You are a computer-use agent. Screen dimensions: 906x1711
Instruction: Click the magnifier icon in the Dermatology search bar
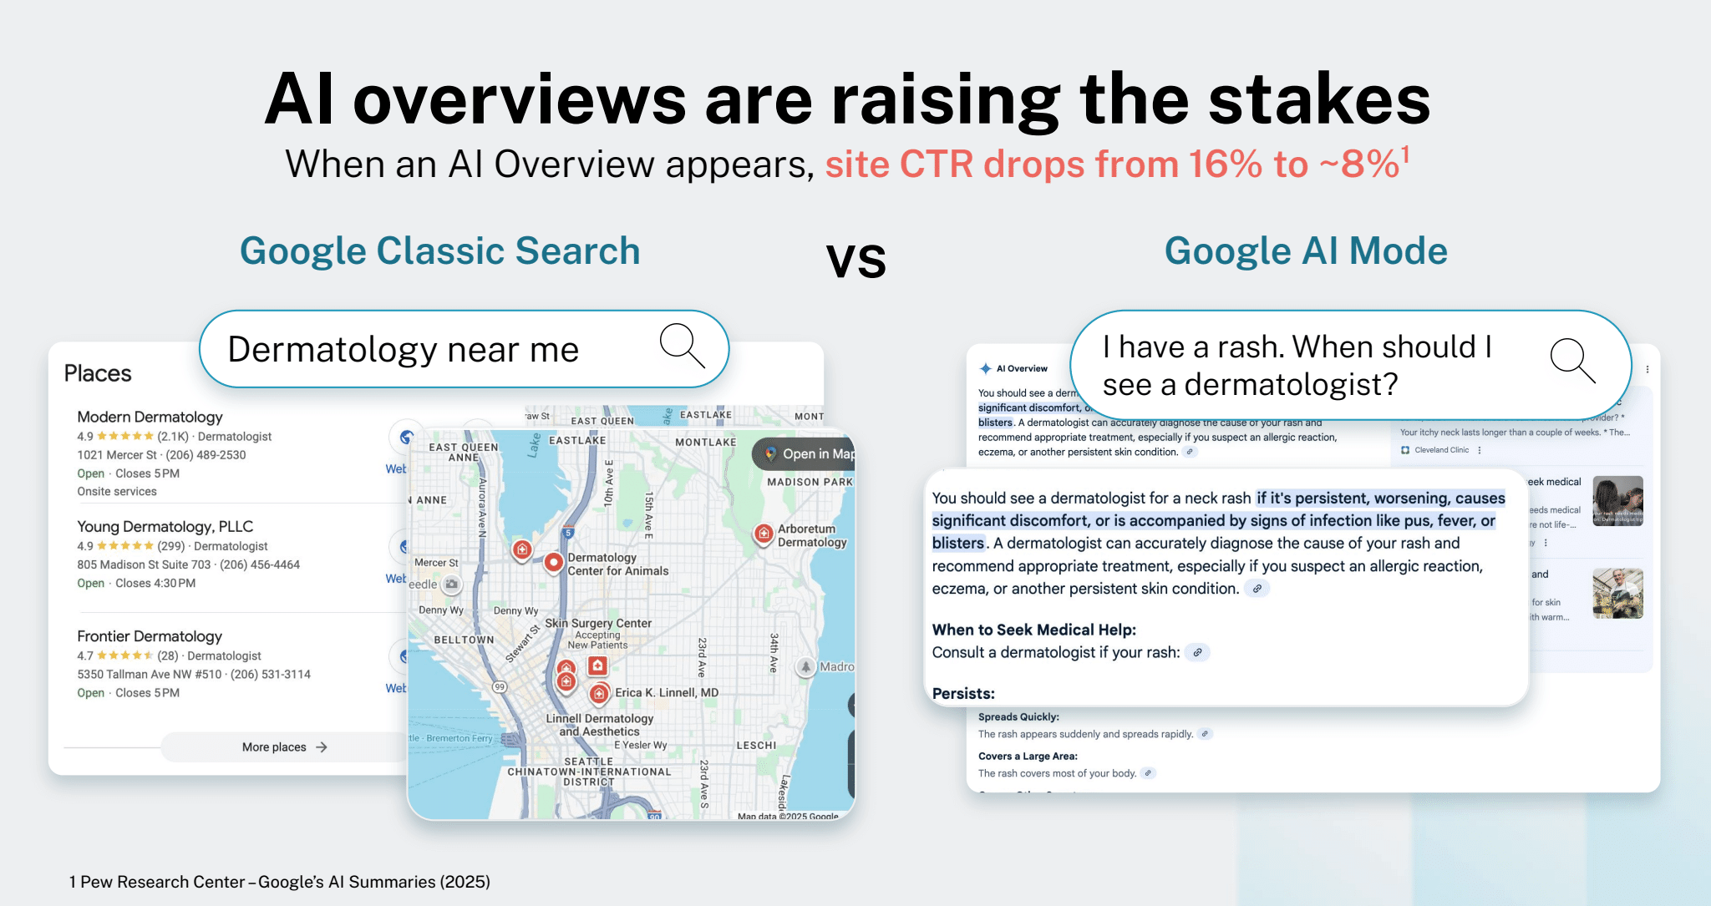[x=682, y=346]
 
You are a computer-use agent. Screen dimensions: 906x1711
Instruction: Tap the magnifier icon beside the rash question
[x=1572, y=361]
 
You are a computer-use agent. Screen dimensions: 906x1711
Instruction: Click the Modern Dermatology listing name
[x=150, y=417]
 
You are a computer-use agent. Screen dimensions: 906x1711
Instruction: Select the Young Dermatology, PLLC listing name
[x=165, y=526]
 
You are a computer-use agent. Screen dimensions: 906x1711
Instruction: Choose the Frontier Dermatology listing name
[x=150, y=636]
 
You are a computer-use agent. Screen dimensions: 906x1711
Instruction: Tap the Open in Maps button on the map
[x=807, y=454]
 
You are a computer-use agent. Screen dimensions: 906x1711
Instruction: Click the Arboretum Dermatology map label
[x=811, y=535]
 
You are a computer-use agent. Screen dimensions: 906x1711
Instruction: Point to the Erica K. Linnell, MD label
[x=666, y=692]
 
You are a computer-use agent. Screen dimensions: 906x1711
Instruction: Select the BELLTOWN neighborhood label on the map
[x=464, y=640]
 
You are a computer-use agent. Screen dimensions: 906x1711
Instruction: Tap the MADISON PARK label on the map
[x=810, y=482]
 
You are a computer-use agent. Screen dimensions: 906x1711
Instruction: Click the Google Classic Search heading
[x=439, y=251]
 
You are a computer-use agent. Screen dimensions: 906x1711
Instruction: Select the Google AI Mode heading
[x=1305, y=251]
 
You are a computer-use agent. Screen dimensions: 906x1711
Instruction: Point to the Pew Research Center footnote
[x=280, y=882]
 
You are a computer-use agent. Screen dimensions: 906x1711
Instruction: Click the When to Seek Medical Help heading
[x=1033, y=630]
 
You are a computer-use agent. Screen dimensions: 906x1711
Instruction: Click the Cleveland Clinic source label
[x=1440, y=450]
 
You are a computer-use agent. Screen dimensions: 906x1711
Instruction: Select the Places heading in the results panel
[x=98, y=373]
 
